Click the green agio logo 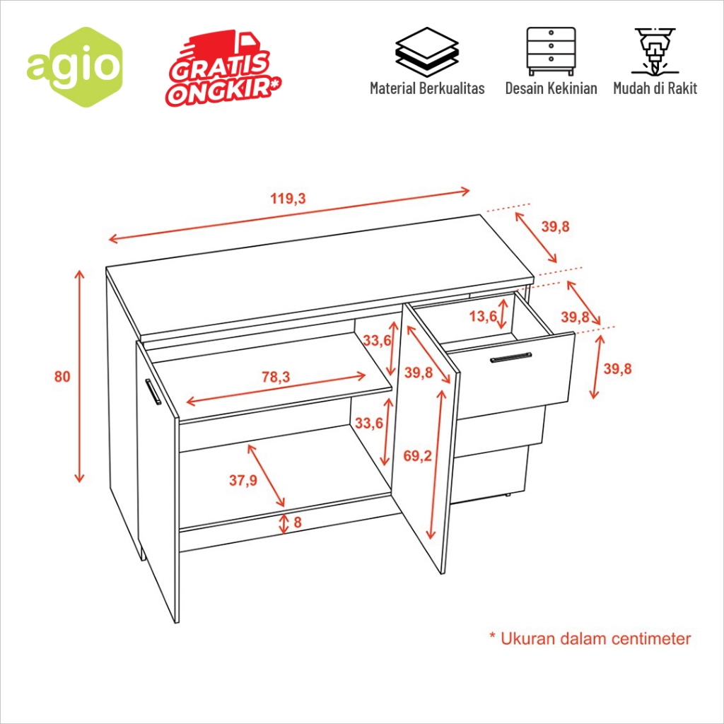tap(74, 67)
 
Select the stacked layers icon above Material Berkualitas tap(427, 52)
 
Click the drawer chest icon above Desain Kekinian tap(551, 51)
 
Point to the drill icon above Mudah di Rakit tap(655, 51)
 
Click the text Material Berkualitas tap(427, 88)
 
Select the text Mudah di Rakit tap(655, 88)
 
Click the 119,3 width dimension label tap(288, 199)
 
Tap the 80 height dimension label tap(62, 377)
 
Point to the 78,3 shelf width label tap(276, 377)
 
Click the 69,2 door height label tap(417, 456)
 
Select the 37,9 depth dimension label tap(243, 480)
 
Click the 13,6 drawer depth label tap(484, 316)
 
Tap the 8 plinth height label tap(298, 522)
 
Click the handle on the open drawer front tap(510, 357)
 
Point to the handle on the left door tap(153, 392)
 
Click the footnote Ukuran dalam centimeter tap(590, 639)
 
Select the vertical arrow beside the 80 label tap(80, 376)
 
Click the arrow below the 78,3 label tap(276, 389)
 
